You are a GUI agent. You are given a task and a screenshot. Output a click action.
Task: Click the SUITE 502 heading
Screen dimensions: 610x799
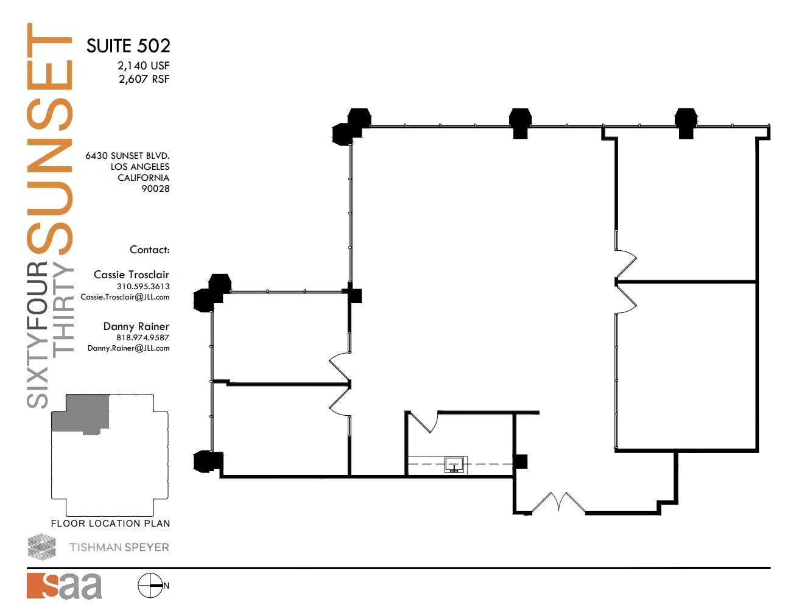pos(128,46)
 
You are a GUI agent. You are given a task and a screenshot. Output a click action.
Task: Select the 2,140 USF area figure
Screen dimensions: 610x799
pos(143,66)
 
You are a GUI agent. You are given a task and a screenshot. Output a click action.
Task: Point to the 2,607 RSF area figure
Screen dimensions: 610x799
pos(144,79)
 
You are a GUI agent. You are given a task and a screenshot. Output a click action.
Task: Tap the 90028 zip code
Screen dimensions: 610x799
pos(155,189)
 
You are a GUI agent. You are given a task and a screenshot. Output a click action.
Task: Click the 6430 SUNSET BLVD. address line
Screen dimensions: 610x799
pos(127,156)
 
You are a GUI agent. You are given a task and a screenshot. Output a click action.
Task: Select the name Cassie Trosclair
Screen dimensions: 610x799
pos(131,275)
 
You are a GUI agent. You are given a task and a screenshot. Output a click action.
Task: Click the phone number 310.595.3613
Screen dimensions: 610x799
pos(143,286)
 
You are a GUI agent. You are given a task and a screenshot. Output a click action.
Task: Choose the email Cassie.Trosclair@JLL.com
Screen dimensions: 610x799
pos(125,297)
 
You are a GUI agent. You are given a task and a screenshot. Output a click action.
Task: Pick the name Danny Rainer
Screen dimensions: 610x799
pos(136,326)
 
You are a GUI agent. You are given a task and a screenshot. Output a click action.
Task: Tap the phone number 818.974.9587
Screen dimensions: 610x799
pos(143,337)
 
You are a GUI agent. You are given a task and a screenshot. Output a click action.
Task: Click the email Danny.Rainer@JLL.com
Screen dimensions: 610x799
pos(128,348)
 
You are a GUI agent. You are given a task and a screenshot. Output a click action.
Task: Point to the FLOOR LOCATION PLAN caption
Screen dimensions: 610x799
pos(110,524)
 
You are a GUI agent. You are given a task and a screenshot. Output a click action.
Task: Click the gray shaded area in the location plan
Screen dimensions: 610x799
pos(82,412)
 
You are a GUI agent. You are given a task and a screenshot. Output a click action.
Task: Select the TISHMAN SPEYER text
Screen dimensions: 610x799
pos(119,547)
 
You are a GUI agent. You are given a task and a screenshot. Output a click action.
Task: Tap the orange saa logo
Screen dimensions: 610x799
pos(64,586)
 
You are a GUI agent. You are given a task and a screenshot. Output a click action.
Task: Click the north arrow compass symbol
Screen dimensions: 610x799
pos(150,586)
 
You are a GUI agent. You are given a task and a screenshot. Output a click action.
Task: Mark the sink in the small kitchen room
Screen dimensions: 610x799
pos(454,465)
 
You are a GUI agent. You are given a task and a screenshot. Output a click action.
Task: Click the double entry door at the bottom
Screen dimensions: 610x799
pos(558,503)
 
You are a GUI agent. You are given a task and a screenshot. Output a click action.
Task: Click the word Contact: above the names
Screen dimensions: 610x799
pos(149,250)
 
